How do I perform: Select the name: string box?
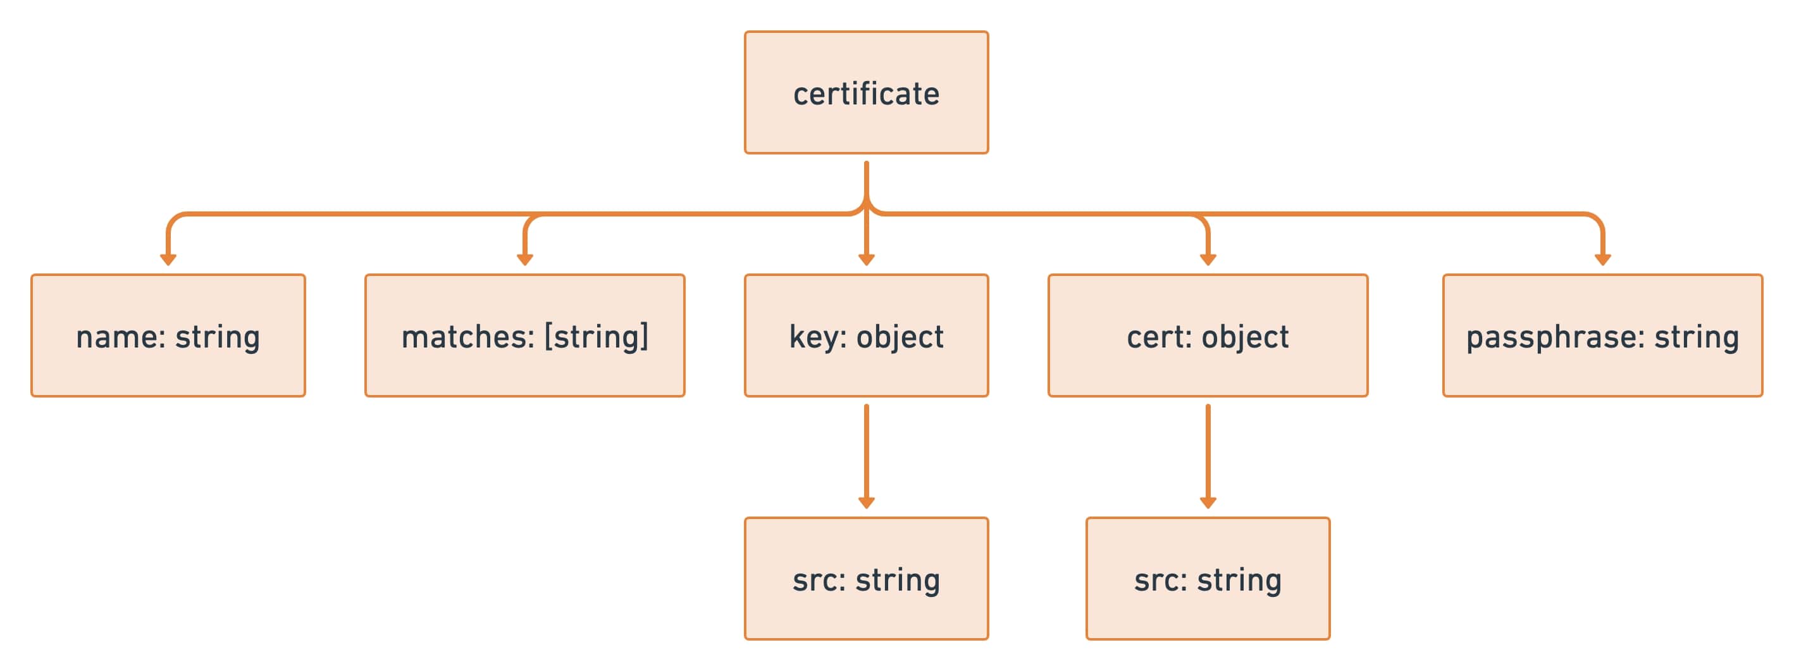[168, 335]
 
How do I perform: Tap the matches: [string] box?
[524, 335]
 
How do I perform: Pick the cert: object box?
[1208, 335]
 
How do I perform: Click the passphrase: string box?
[1602, 335]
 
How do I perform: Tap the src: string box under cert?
[1208, 579]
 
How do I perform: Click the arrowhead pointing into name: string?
[168, 259]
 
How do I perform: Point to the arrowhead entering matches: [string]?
[524, 259]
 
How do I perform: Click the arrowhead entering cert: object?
[1208, 259]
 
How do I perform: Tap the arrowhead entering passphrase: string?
[1602, 259]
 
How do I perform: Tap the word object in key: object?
[900, 338]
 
